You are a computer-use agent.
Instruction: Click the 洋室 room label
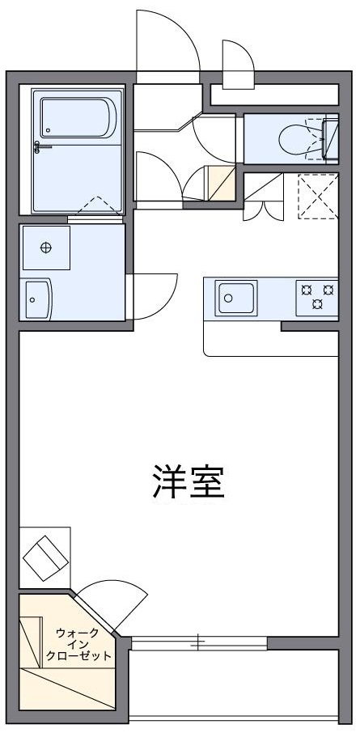187,482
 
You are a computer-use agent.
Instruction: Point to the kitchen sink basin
235,298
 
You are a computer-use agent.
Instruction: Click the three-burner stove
318,295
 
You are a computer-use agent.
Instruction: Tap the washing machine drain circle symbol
46,248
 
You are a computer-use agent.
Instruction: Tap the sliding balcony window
199,643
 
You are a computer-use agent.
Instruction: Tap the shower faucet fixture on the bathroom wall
41,146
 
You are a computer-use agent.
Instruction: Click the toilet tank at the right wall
330,139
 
